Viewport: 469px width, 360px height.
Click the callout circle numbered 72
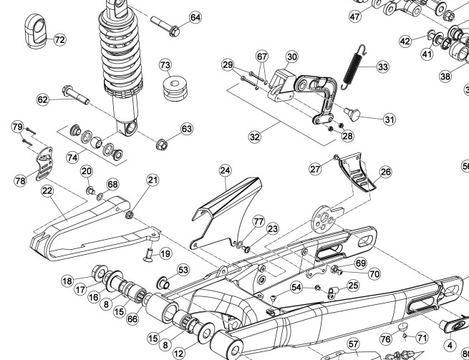pyautogui.click(x=59, y=40)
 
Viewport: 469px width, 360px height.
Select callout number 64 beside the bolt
pyautogui.click(x=195, y=17)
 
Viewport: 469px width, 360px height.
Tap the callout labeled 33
pyautogui.click(x=382, y=67)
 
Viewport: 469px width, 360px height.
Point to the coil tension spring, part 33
pyautogui.click(x=354, y=65)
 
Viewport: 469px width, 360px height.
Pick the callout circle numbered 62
pyautogui.click(x=43, y=99)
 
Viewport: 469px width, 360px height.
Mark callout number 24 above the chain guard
pyautogui.click(x=225, y=170)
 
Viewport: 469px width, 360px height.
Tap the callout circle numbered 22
pyautogui.click(x=47, y=190)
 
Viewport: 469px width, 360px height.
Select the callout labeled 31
pyautogui.click(x=389, y=120)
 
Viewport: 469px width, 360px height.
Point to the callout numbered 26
pyautogui.click(x=385, y=172)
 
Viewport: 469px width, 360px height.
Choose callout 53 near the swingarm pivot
pyautogui.click(x=183, y=270)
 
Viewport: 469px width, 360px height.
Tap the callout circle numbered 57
pyautogui.click(x=352, y=344)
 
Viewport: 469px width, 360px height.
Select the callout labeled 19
pyautogui.click(x=165, y=253)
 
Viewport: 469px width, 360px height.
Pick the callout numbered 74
pyautogui.click(x=72, y=156)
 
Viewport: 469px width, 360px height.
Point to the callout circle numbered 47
pyautogui.click(x=356, y=16)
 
